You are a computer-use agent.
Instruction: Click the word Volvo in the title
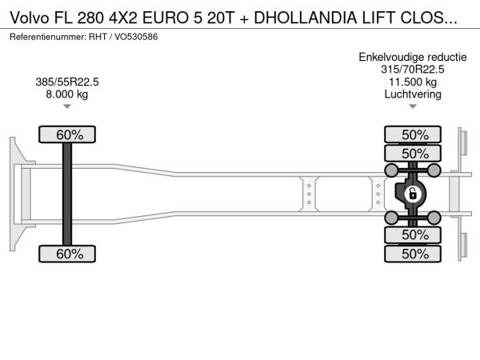coord(30,18)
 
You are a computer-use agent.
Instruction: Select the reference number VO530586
coord(136,37)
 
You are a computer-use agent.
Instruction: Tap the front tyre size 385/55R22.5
coord(67,82)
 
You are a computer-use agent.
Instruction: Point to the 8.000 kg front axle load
coord(67,94)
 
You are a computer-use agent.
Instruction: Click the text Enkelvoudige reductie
coord(413,57)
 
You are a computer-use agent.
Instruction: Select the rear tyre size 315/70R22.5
coord(413,69)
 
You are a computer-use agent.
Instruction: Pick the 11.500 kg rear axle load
coord(413,82)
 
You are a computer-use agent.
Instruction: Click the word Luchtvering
coord(413,94)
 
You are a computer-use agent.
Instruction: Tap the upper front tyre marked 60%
coord(67,134)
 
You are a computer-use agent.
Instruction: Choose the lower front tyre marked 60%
coord(67,254)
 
